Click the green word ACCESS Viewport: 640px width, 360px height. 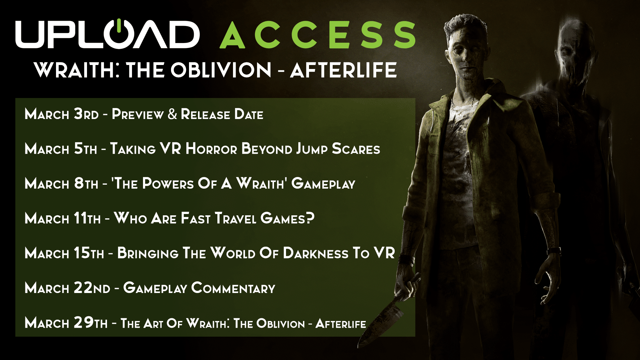pyautogui.click(x=318, y=35)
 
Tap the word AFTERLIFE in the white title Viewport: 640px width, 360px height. pyautogui.click(x=343, y=70)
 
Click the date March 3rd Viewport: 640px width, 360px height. pyautogui.click(x=62, y=114)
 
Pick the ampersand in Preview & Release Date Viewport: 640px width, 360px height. pyautogui.click(x=172, y=114)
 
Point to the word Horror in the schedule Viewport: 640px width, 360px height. pyautogui.click(x=211, y=149)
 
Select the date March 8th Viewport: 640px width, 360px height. pyautogui.click(x=61, y=184)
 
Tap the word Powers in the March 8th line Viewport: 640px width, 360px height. pyautogui.click(x=168, y=184)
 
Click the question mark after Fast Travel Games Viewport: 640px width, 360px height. pyautogui.click(x=310, y=218)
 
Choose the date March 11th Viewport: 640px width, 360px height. pyautogui.click(x=63, y=218)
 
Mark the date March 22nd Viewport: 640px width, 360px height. pyautogui.click(x=67, y=288)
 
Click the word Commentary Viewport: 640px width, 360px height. pyautogui.click(x=233, y=288)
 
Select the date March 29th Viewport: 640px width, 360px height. pyautogui.click(x=66, y=323)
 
